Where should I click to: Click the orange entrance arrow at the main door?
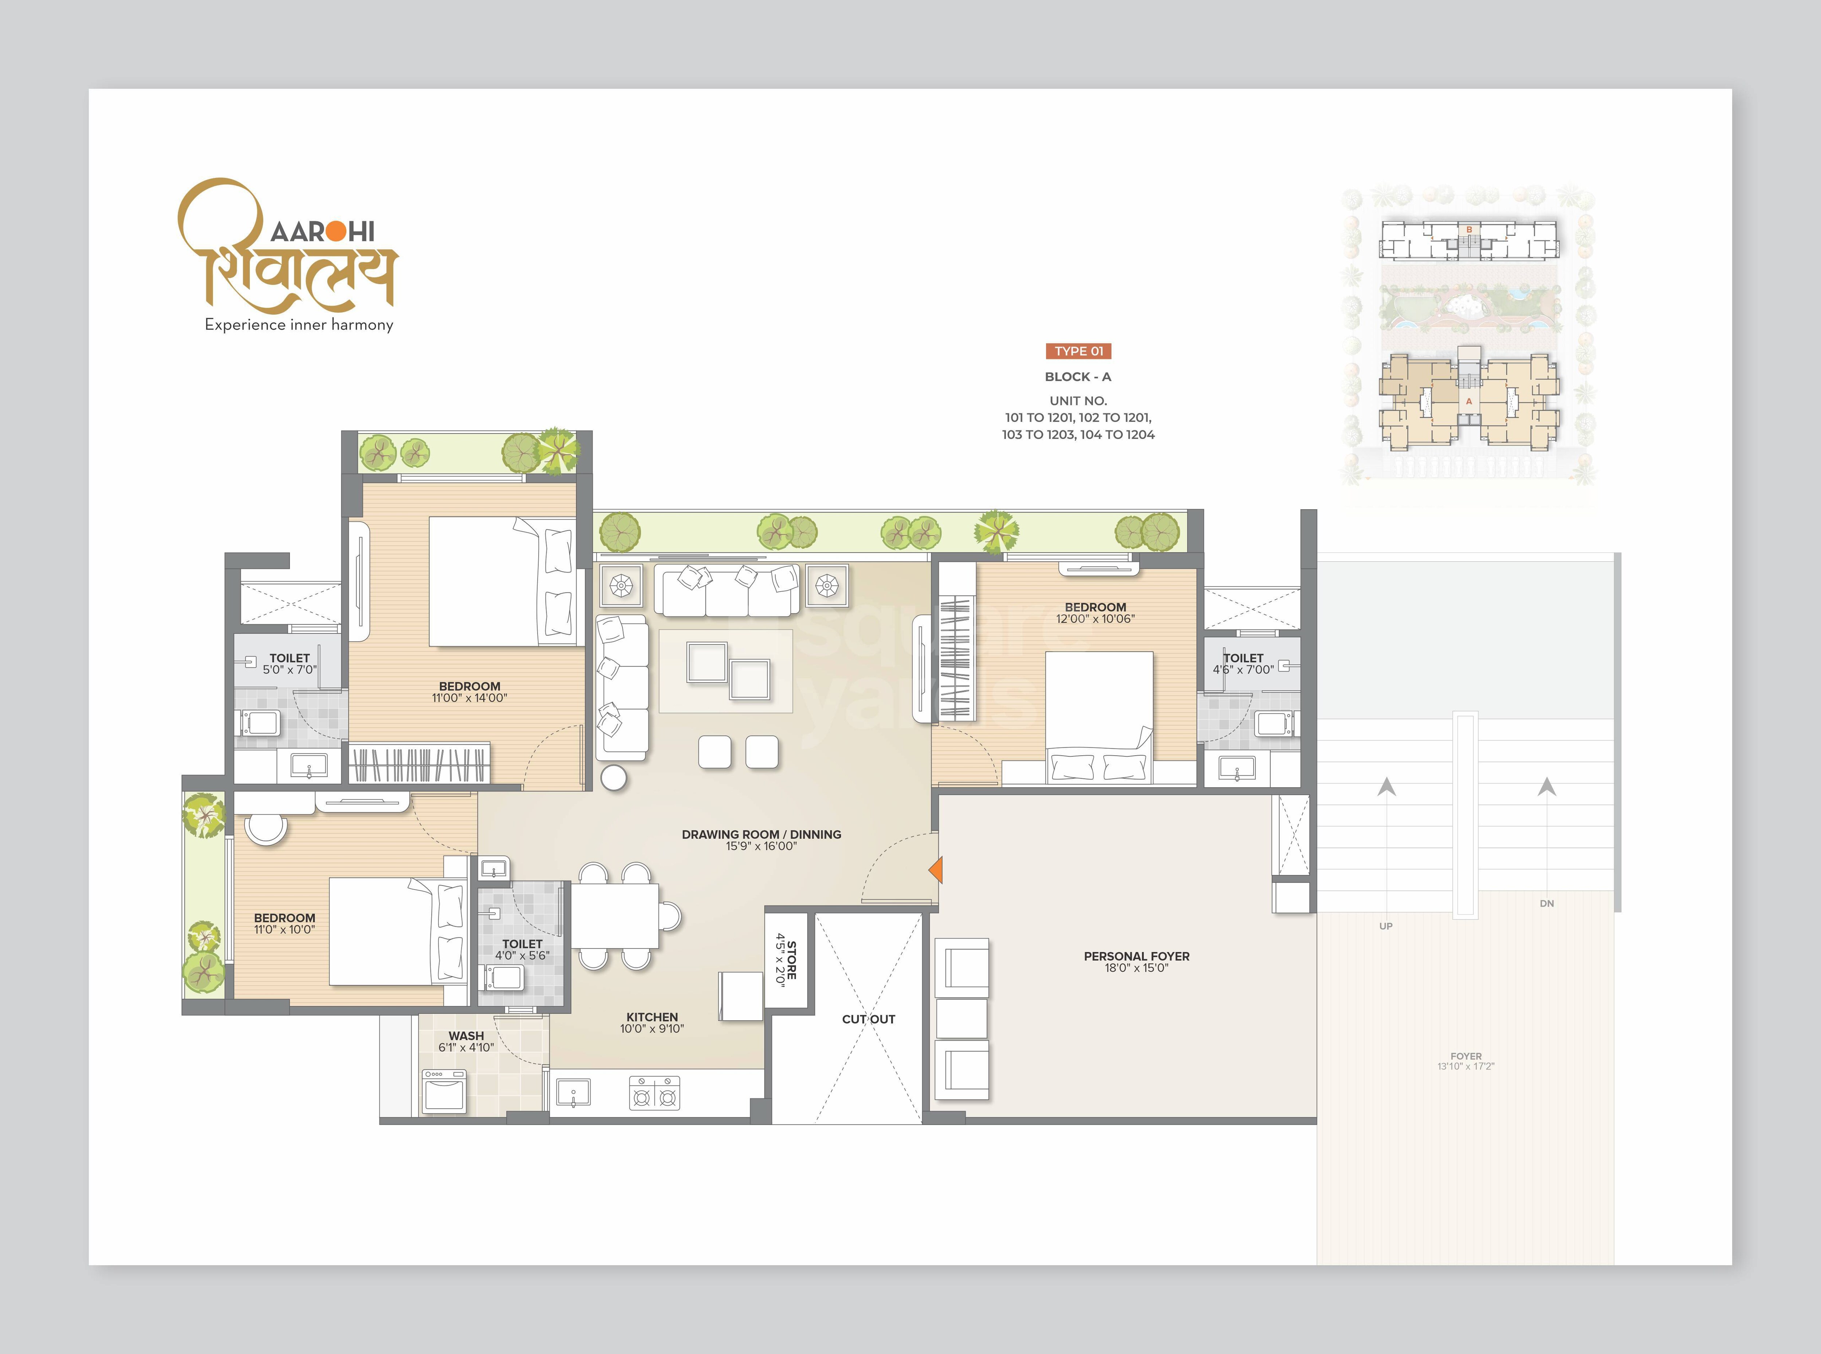click(936, 870)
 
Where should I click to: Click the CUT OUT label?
click(868, 1019)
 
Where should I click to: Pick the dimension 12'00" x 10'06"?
click(1096, 619)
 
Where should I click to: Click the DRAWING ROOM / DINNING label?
click(761, 834)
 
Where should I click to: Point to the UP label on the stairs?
click(1386, 926)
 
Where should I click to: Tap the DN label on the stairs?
click(1546, 903)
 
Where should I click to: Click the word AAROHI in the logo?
click(322, 232)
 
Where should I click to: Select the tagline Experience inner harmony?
click(299, 325)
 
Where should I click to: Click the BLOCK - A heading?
click(1077, 377)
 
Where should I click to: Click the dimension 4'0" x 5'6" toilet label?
click(522, 956)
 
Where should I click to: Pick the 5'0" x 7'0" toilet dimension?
click(290, 670)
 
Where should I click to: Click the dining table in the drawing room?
click(614, 915)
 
